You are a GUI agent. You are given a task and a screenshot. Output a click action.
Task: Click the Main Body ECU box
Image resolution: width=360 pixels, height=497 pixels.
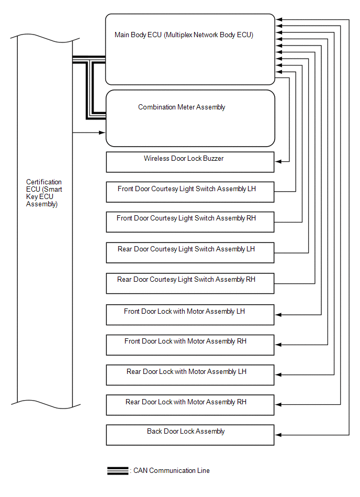pos(190,49)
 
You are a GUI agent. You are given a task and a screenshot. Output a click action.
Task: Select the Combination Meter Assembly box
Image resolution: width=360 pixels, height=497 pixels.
pos(190,118)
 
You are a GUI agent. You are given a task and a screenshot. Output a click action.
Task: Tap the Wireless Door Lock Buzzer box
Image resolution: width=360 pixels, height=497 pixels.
pos(190,162)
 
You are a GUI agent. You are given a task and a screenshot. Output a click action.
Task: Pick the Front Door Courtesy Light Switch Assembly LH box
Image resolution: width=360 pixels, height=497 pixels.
pos(190,192)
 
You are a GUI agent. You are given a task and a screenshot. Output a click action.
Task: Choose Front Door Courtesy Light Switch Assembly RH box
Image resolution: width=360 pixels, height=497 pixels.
pos(190,222)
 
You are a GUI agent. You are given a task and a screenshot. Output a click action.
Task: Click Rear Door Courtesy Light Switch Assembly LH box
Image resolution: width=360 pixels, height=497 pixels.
pos(190,253)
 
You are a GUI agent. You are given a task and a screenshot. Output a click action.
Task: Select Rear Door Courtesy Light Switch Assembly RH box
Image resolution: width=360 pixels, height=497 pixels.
pos(190,283)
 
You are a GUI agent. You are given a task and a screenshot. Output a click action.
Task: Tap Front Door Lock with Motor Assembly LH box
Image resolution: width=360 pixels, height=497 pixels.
pos(190,315)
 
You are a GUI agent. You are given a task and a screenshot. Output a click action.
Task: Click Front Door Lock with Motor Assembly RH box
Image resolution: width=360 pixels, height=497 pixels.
pos(190,345)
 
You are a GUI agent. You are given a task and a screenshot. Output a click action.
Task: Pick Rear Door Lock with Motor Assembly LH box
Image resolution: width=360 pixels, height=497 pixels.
pos(190,375)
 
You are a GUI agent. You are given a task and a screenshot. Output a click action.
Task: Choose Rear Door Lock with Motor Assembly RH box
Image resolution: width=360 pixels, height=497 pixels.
pos(190,405)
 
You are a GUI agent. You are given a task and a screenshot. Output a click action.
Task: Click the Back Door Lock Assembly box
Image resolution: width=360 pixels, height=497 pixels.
pos(190,435)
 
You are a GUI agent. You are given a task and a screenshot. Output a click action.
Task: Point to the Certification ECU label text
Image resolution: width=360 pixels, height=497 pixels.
pos(44,193)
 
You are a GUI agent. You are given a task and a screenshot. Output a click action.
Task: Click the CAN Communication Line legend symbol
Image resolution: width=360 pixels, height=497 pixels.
pos(118,471)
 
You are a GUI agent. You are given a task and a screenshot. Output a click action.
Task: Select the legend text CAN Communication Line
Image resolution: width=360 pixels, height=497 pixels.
pos(172,471)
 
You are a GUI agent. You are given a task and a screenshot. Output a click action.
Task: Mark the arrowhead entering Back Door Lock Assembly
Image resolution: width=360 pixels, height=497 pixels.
pos(278,435)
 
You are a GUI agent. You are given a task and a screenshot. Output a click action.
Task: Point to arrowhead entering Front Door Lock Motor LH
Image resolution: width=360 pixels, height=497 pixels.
pos(278,314)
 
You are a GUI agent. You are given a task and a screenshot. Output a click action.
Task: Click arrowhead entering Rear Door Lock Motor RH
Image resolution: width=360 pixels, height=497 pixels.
pos(278,404)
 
